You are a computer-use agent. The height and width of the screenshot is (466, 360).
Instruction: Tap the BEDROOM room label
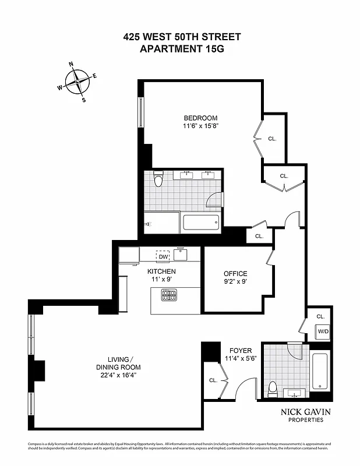tap(201, 118)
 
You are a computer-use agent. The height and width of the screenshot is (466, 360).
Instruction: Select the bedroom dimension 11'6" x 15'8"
tap(201, 126)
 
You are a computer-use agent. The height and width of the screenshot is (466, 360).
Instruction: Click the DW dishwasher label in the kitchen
tap(163, 256)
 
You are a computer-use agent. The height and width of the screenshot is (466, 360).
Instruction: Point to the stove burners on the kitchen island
tap(169, 296)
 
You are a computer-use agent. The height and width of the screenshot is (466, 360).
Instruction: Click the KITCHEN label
tap(161, 271)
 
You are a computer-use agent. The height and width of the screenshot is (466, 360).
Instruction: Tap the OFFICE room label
tap(235, 274)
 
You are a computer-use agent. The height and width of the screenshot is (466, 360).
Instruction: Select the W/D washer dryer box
tap(322, 331)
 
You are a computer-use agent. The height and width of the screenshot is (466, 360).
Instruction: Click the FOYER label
tap(240, 351)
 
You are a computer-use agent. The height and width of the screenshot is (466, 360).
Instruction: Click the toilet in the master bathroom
tap(158, 179)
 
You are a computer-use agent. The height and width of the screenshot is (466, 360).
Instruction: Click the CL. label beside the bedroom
tap(272, 139)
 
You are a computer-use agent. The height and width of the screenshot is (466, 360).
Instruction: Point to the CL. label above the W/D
tap(320, 316)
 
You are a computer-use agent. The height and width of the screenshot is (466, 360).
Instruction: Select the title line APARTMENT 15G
tap(182, 49)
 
